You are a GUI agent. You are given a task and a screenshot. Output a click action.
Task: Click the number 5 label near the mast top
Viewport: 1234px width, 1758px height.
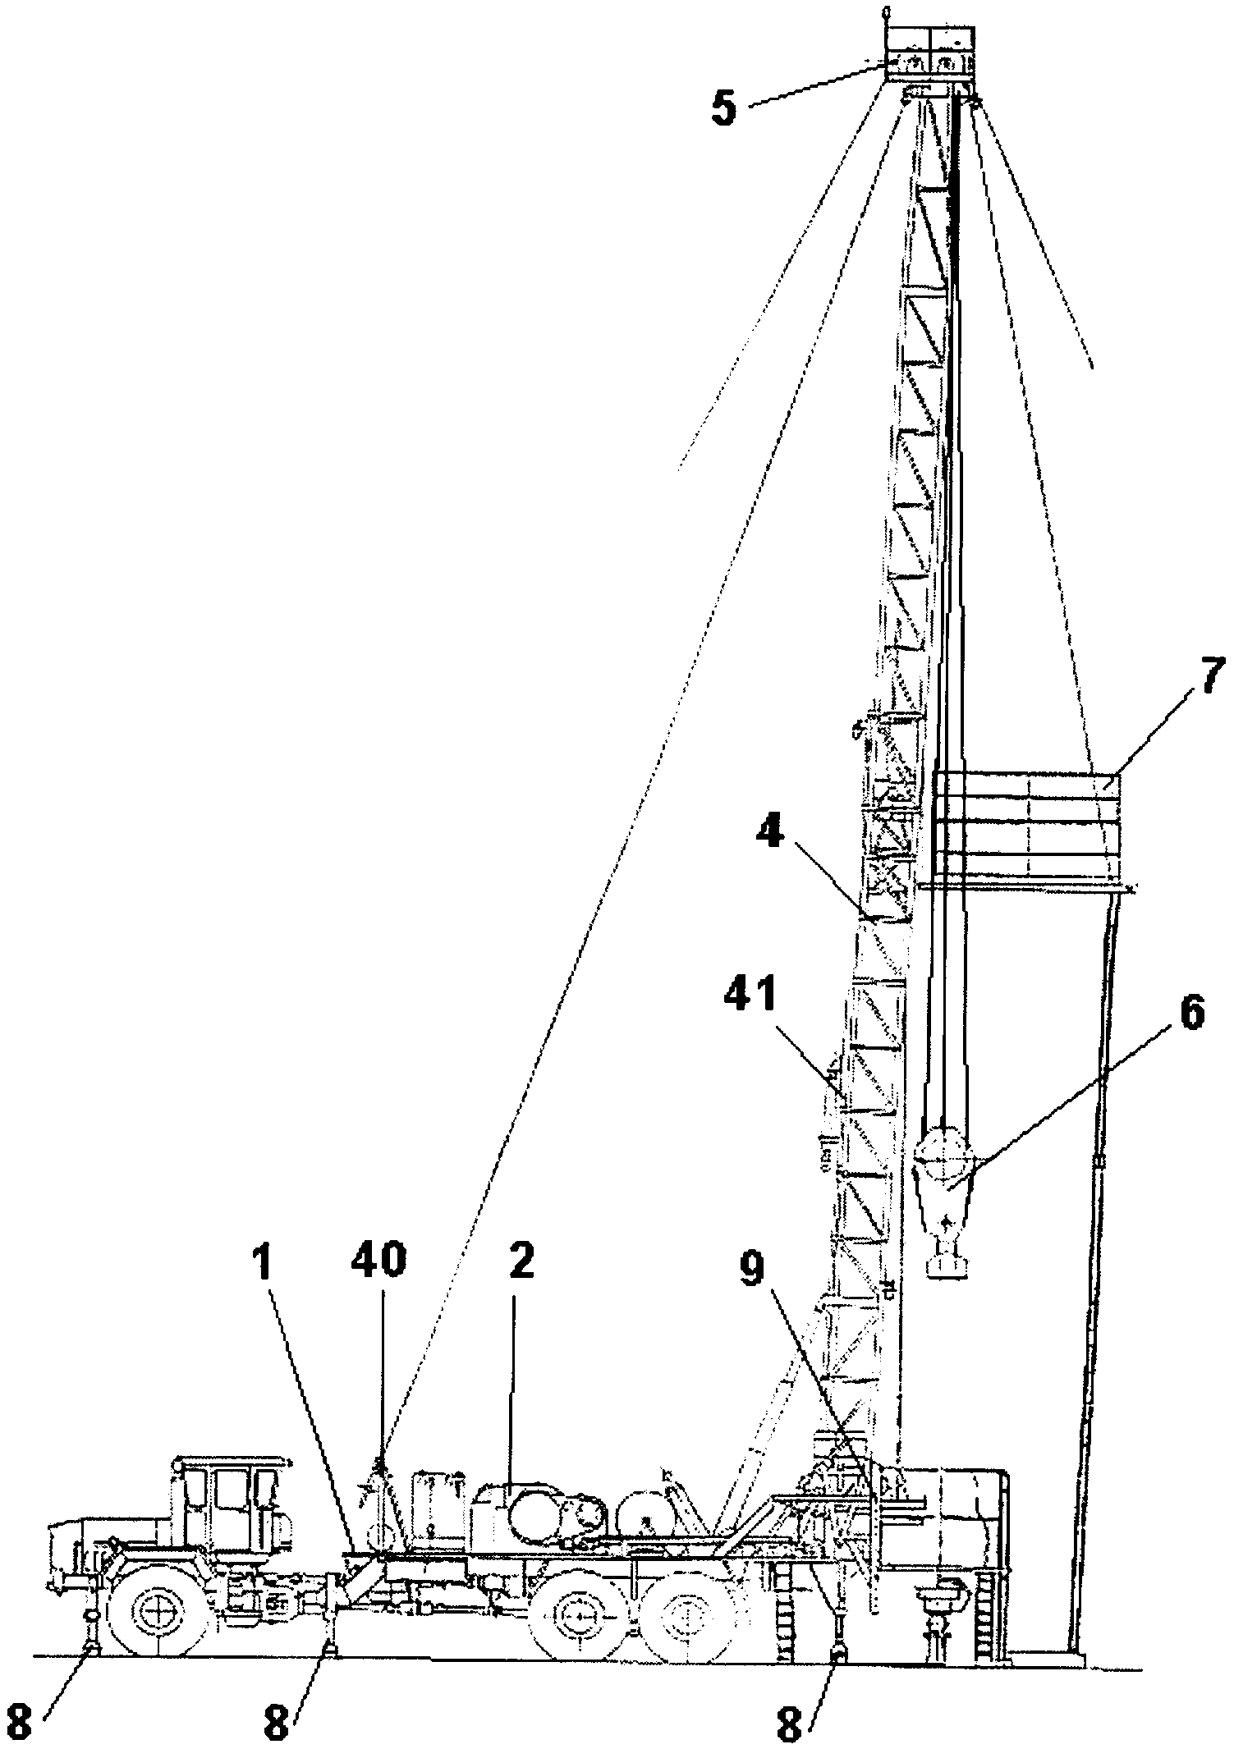(723, 109)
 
